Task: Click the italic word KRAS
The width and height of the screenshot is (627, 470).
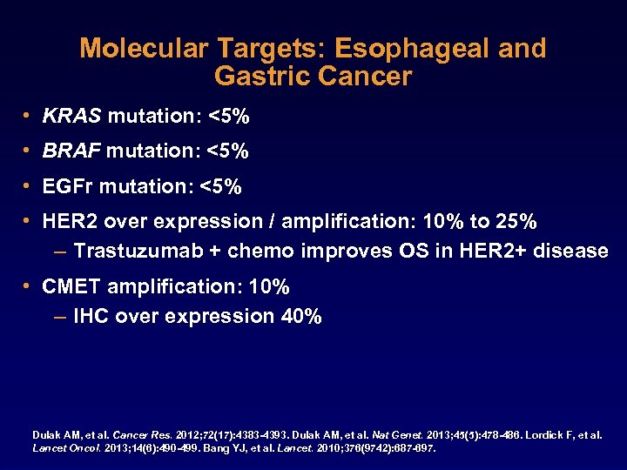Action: [x=72, y=116]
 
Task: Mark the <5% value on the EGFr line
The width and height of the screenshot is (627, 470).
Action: [x=221, y=186]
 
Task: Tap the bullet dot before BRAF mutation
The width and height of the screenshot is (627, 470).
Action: [x=30, y=151]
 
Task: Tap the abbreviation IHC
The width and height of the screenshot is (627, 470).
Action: [x=91, y=316]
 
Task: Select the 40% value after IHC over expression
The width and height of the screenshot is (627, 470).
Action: [x=301, y=316]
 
